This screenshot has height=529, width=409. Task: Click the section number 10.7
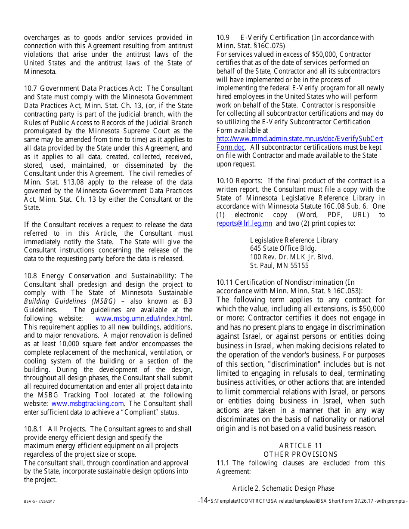(30, 89)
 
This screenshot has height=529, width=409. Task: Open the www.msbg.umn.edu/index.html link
(143, 319)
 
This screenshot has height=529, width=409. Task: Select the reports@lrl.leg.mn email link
(244, 223)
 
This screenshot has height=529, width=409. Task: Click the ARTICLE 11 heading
(301, 446)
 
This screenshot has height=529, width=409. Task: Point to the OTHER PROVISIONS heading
(301, 455)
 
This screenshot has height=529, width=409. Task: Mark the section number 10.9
(223, 38)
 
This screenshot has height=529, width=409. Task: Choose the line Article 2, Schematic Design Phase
(283, 488)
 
